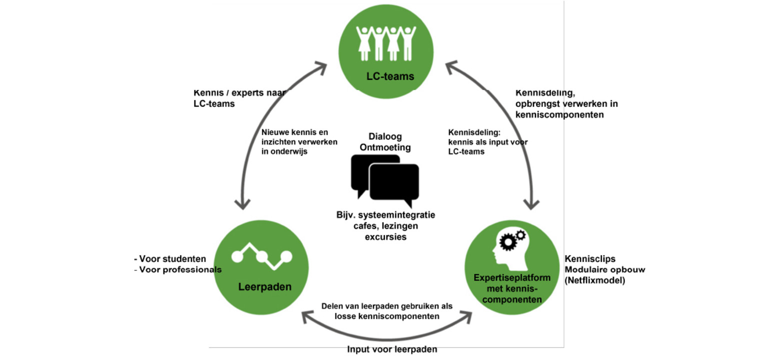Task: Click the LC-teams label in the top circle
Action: [x=390, y=76]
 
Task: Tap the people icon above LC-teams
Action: [x=385, y=43]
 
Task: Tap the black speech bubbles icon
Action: [x=385, y=180]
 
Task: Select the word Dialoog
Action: [x=385, y=136]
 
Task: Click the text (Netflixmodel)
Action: [x=595, y=280]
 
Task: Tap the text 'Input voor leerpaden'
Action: [x=392, y=349]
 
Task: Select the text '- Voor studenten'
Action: [x=170, y=259]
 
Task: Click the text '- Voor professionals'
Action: [x=177, y=269]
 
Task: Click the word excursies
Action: [x=385, y=236]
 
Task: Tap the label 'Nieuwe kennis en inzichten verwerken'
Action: [x=299, y=137]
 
